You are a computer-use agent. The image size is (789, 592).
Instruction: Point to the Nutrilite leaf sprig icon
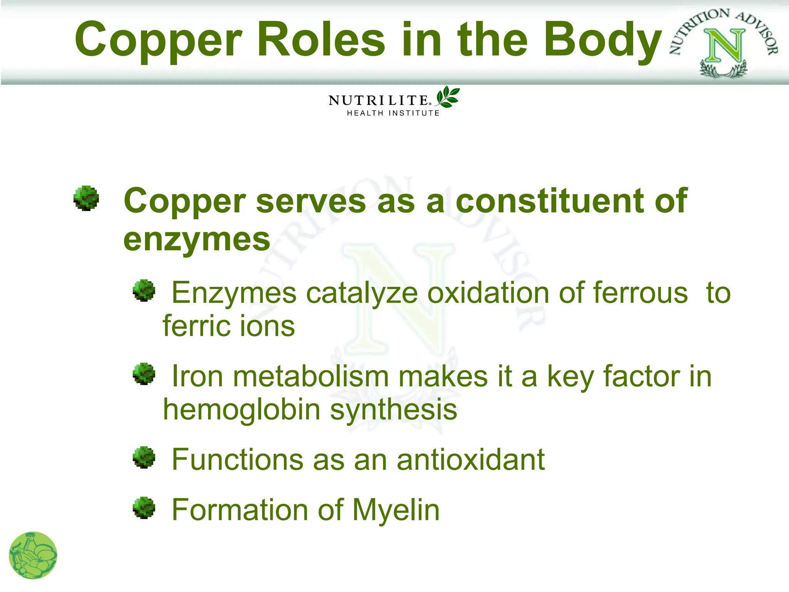point(447,97)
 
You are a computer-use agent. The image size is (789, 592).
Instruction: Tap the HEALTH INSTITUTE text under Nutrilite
point(393,113)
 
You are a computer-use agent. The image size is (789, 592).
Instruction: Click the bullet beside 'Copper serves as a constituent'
point(86,198)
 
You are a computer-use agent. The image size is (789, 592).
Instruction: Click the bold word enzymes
point(197,239)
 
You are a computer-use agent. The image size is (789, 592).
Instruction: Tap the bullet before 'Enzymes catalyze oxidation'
point(144,291)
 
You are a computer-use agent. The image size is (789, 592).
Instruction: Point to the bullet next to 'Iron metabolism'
point(144,373)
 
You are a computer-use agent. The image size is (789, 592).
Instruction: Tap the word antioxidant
point(471,459)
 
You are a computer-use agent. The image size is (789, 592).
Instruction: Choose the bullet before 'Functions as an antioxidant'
point(144,457)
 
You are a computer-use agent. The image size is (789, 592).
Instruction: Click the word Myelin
point(396,510)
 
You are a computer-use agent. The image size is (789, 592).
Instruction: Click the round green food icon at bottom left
point(33,555)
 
